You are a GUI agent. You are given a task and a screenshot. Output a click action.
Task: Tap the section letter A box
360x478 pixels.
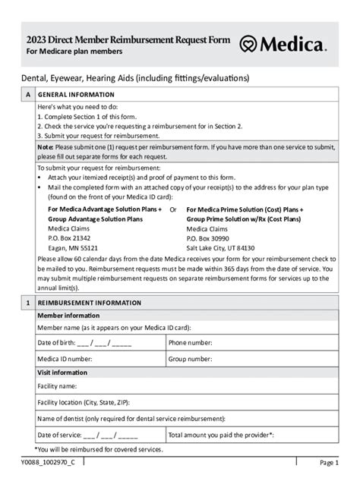tap(28, 95)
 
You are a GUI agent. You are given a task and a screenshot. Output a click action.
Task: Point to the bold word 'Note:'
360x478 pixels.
tap(45, 146)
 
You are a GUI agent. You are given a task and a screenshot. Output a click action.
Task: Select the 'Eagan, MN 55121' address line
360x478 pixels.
tap(73, 247)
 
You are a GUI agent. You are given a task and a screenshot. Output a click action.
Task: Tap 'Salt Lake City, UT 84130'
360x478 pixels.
tap(220, 247)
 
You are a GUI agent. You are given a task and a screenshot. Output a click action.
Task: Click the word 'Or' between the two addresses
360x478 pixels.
tap(173, 209)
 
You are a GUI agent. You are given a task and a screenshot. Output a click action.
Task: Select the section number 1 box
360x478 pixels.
tap(28, 303)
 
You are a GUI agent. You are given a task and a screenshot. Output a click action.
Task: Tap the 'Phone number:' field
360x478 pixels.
tap(251, 343)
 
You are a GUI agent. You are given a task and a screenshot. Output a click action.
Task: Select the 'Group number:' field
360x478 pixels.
tap(251, 358)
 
